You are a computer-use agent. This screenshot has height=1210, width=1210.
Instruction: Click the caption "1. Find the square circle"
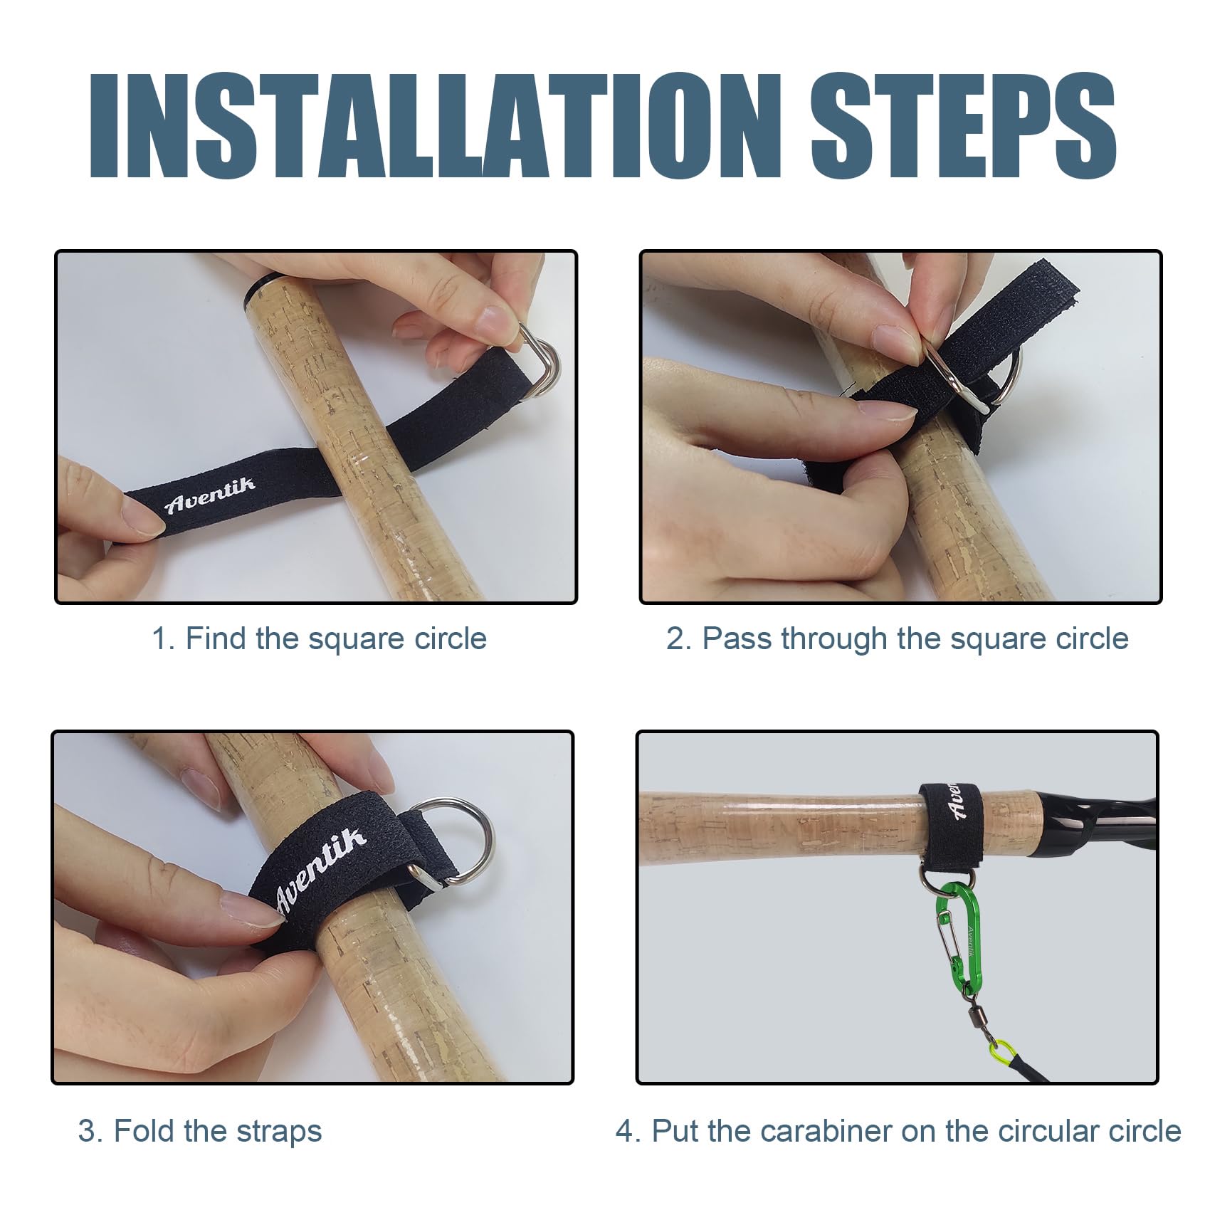pyautogui.click(x=319, y=638)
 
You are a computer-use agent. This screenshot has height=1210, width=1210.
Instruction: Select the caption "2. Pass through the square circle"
pyautogui.click(x=898, y=638)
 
